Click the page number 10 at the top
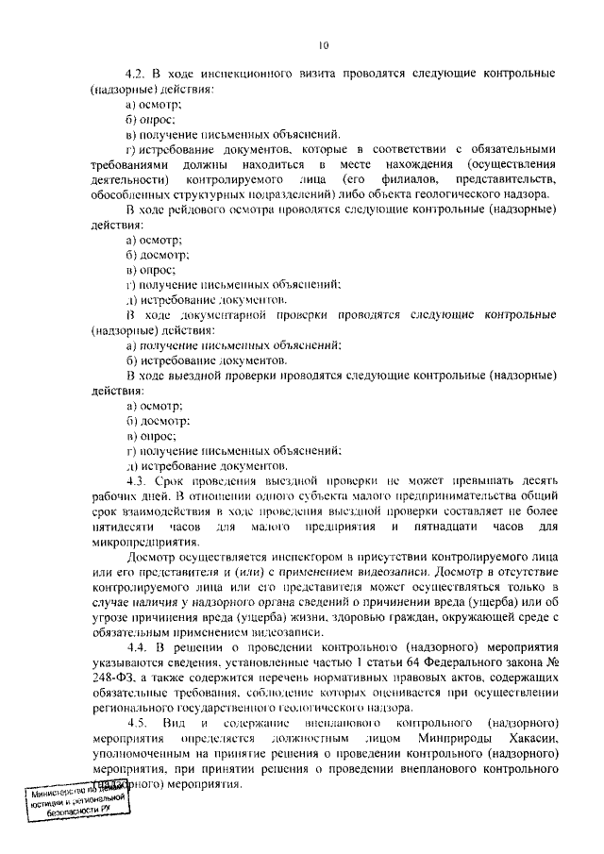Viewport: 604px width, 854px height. click(325, 45)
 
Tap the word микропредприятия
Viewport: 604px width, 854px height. click(143, 542)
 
